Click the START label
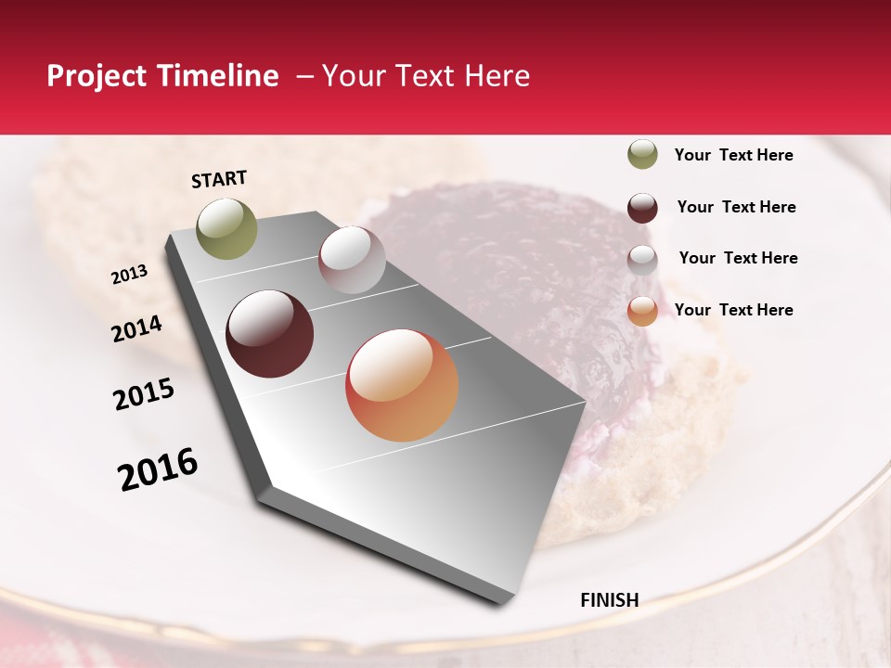[219, 179]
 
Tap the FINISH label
[609, 600]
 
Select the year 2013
[129, 275]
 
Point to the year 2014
[137, 328]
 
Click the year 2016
[158, 469]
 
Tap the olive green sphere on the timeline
[226, 228]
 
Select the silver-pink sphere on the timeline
[352, 259]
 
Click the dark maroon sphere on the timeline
[269, 334]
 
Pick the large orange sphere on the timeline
[402, 385]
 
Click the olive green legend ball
[642, 154]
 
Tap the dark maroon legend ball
[642, 208]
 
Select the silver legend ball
[642, 260]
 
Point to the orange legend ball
[642, 311]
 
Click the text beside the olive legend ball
[733, 156]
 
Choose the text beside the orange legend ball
[733, 310]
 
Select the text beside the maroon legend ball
[736, 207]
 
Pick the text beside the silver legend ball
[738, 258]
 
